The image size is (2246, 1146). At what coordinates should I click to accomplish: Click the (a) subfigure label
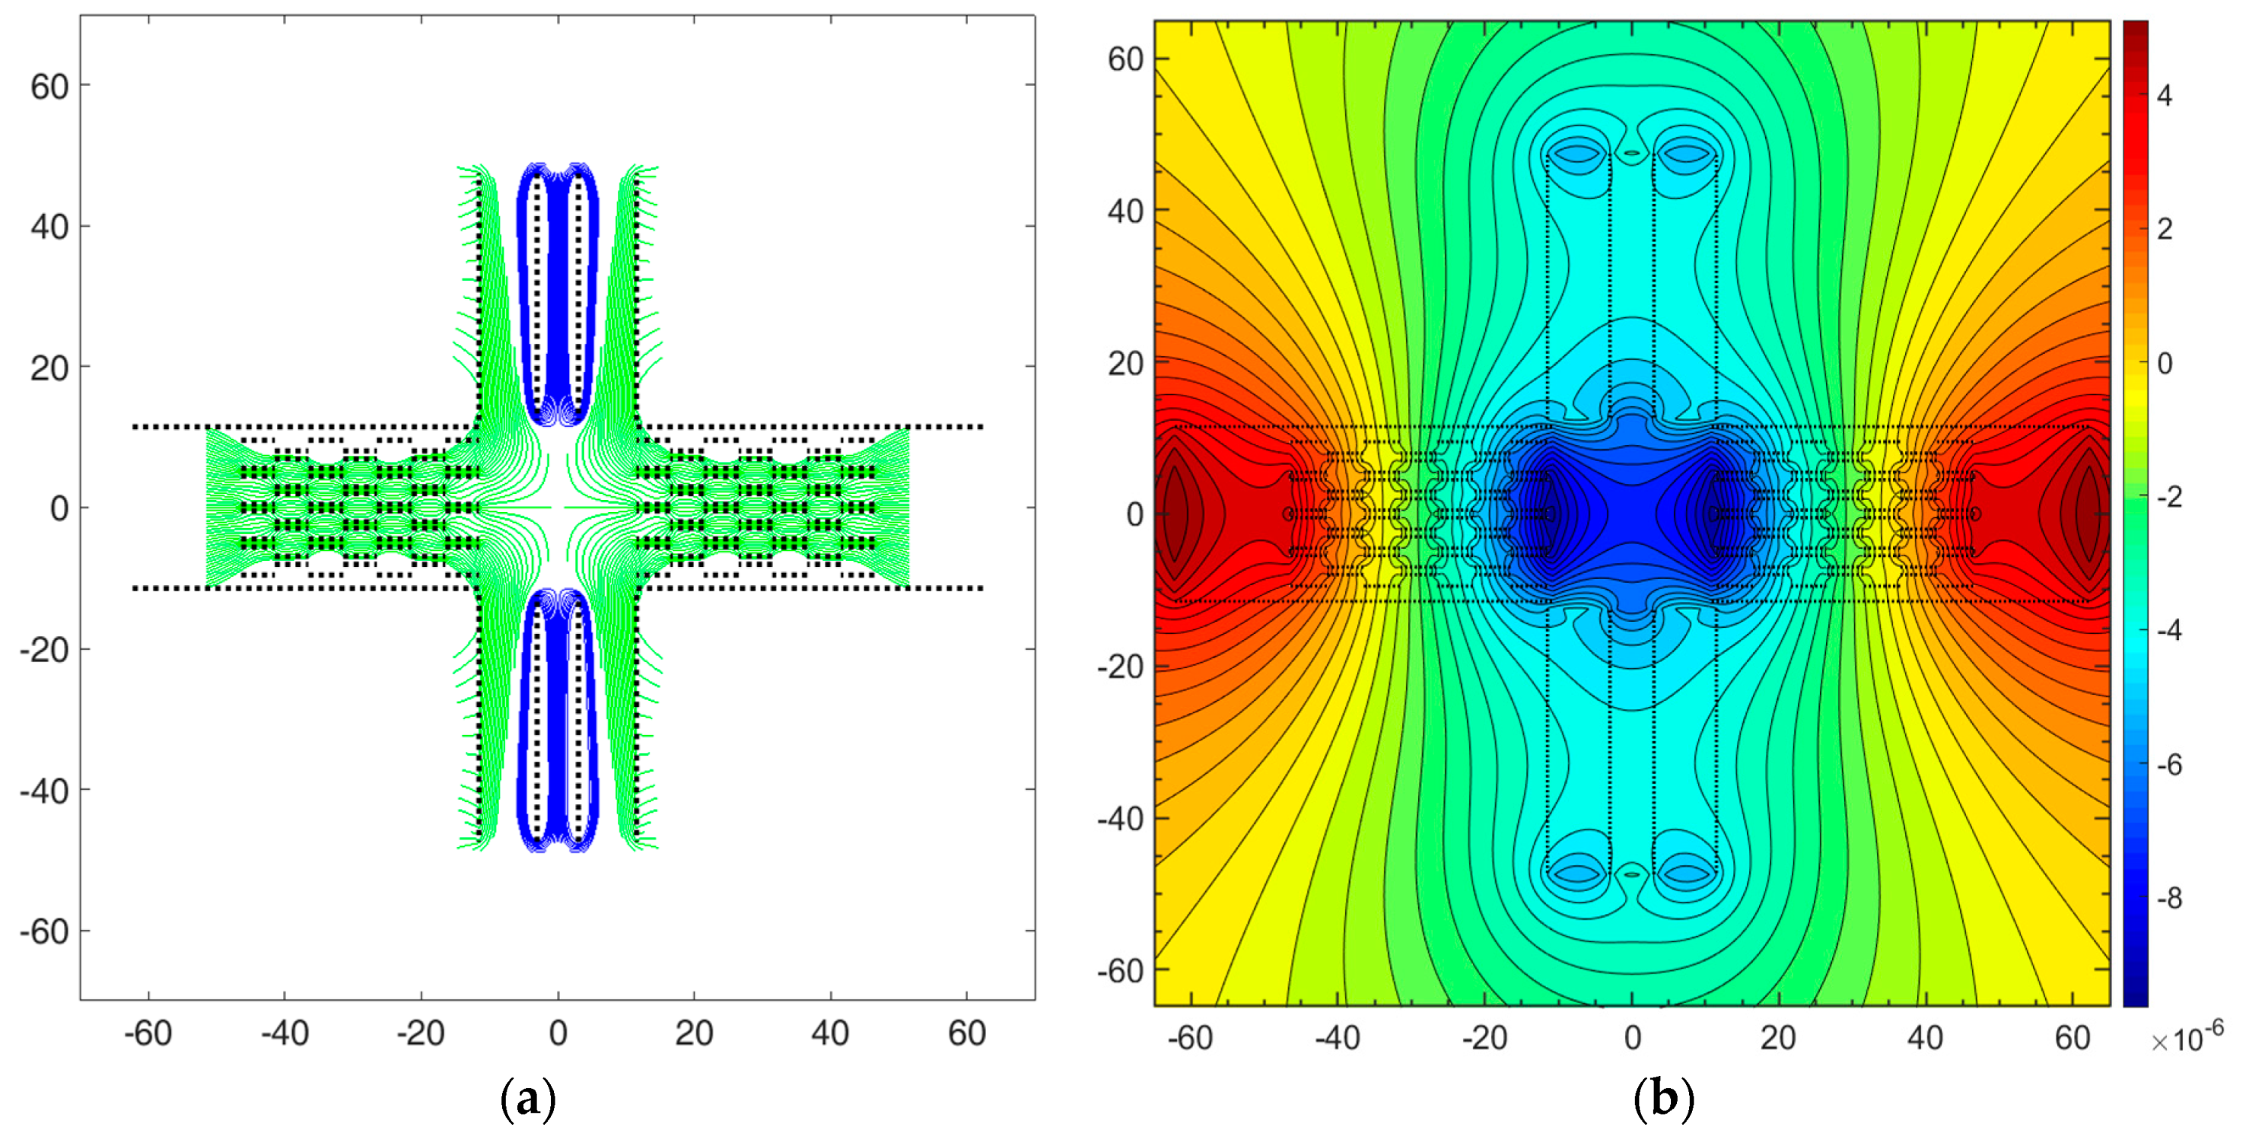pos(527,1100)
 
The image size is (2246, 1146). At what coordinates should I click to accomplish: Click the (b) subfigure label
pos(1663,1100)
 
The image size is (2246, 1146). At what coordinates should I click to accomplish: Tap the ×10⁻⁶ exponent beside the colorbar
pos(2187,1038)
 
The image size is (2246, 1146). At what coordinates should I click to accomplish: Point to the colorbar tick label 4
pos(2165,96)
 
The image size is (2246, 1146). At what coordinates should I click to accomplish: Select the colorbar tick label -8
pos(2169,899)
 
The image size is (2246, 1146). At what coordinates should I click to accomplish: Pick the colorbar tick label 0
pos(2165,364)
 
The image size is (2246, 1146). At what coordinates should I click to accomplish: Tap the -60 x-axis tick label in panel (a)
pos(148,1033)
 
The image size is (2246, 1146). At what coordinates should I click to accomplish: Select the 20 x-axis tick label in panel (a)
pos(694,1033)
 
